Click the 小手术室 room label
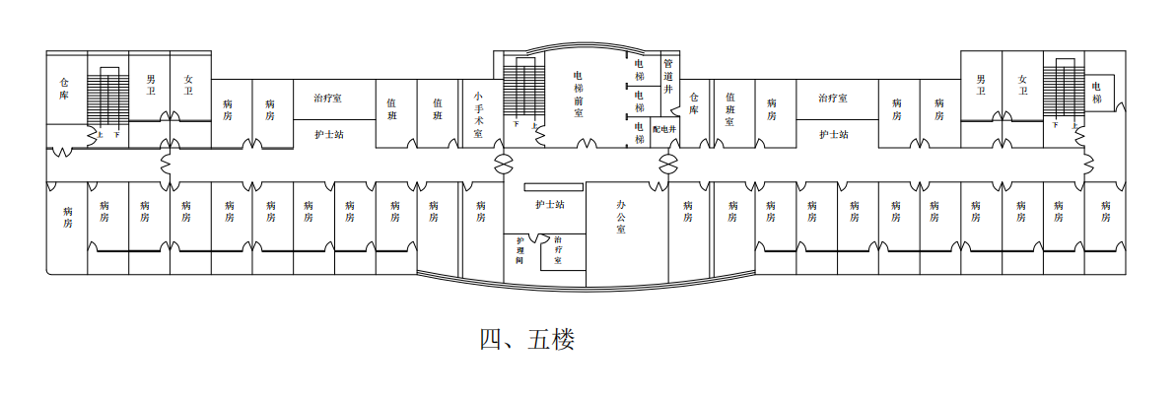(477, 114)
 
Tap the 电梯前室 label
(578, 94)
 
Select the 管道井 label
(667, 75)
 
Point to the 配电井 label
(663, 129)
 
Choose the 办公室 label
(621, 216)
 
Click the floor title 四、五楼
(526, 340)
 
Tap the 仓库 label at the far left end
(64, 90)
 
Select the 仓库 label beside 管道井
(694, 103)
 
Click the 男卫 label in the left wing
(150, 85)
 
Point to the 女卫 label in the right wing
(1022, 85)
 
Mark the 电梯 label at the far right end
(1096, 93)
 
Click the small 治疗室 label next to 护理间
(558, 250)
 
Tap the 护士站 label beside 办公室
(549, 205)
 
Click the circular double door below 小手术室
(504, 161)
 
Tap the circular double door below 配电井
(669, 161)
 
